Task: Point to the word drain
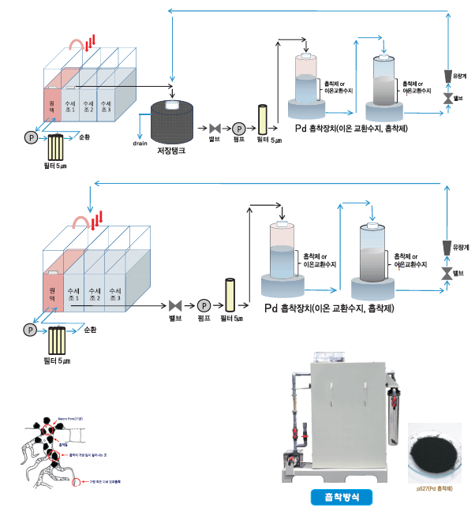tap(140, 144)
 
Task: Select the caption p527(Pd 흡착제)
tap(435, 487)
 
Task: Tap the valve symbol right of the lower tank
tap(175, 305)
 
